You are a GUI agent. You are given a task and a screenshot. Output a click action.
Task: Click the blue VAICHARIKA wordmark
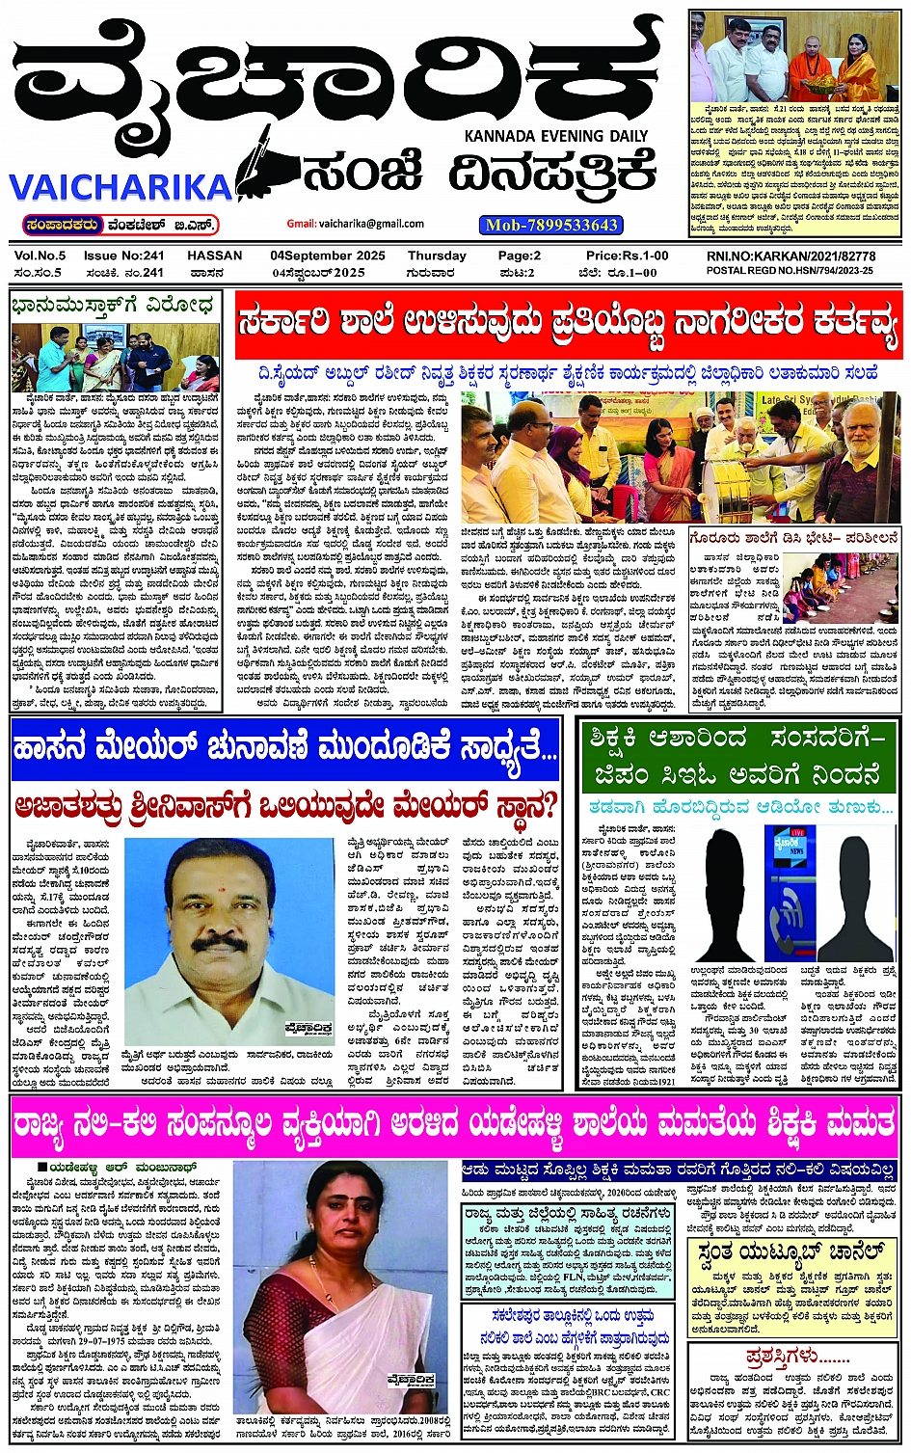(x=121, y=186)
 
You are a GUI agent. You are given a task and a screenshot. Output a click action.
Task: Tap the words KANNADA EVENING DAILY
(x=556, y=136)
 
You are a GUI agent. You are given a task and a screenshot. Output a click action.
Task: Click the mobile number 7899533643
(x=550, y=225)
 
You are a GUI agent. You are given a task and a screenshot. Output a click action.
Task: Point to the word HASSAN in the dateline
(x=214, y=256)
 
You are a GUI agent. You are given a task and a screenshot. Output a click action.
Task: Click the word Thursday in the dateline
(x=437, y=256)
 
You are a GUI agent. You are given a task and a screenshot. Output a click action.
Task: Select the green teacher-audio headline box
(x=738, y=755)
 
